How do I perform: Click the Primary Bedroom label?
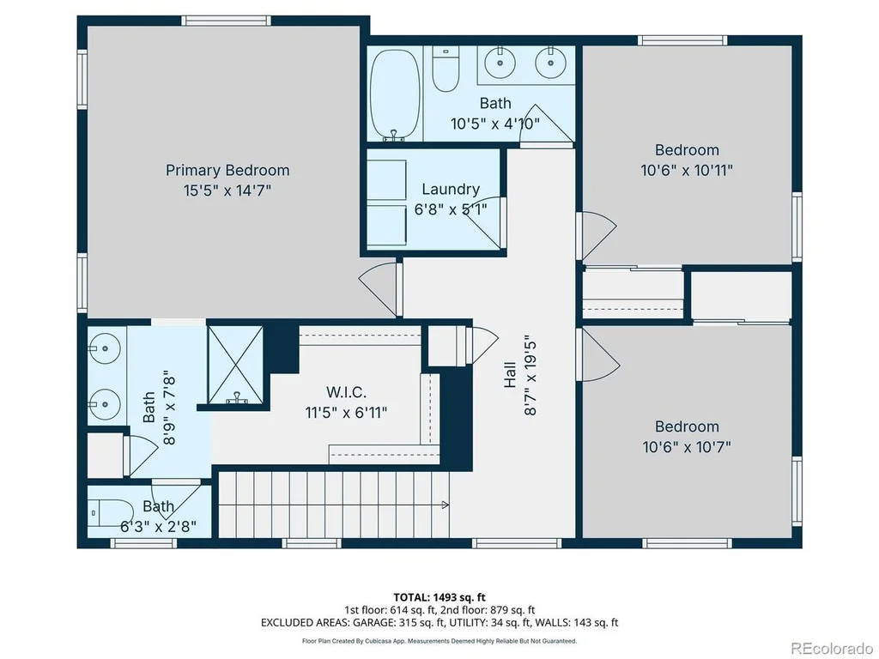pyautogui.click(x=227, y=171)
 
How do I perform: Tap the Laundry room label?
pyautogui.click(x=451, y=190)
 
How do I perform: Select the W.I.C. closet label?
pyautogui.click(x=346, y=391)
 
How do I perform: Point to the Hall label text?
pyautogui.click(x=510, y=375)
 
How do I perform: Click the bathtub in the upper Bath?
pyautogui.click(x=395, y=94)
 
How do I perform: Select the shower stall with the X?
pyautogui.click(x=235, y=365)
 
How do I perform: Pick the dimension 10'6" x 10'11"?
pyautogui.click(x=687, y=171)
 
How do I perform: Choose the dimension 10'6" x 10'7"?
pyautogui.click(x=687, y=447)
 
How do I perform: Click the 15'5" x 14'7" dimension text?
pyautogui.click(x=227, y=190)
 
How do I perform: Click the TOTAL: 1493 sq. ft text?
pyautogui.click(x=439, y=597)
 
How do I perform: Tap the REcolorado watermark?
pyautogui.click(x=831, y=649)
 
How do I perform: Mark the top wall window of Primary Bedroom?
pyautogui.click(x=226, y=21)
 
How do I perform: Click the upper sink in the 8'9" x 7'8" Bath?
pyautogui.click(x=104, y=348)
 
